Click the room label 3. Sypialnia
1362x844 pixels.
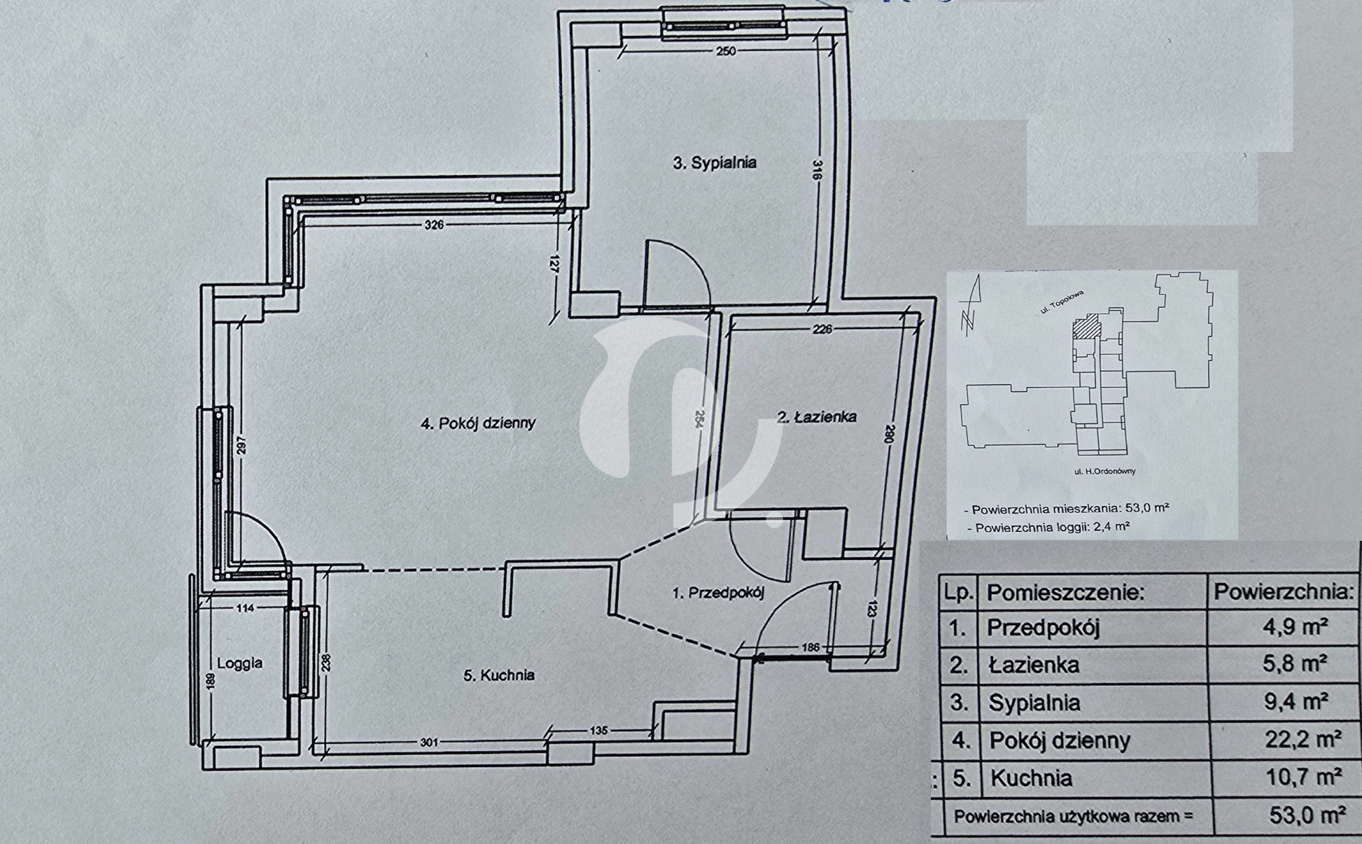[x=714, y=163]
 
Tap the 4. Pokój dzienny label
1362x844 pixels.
[x=478, y=423]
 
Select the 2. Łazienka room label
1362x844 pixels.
[x=817, y=417]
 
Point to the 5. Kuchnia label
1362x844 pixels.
[x=499, y=675]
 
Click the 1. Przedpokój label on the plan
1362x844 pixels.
[x=718, y=593]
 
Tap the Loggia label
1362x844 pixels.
[x=240, y=663]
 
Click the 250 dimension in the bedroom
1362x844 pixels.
[x=726, y=50]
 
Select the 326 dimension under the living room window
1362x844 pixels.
[x=434, y=224]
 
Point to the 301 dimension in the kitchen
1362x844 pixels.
[x=429, y=742]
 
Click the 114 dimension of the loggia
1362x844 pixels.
[x=244, y=608]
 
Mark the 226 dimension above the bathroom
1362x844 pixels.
[x=823, y=329]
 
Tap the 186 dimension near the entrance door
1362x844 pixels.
[x=810, y=647]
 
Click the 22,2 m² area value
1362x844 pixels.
[x=1303, y=739]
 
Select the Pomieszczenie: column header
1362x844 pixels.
[x=1064, y=592]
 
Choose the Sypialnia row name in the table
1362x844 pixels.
[x=1034, y=702]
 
